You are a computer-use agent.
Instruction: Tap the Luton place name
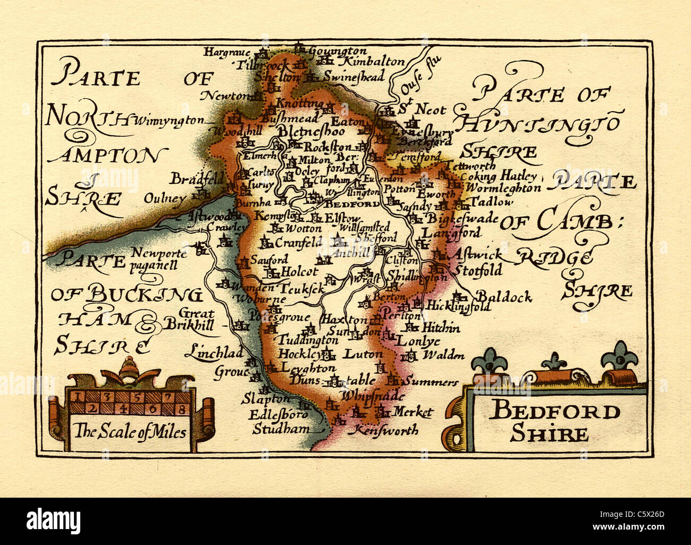coord(363,354)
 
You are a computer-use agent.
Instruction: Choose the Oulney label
coord(165,199)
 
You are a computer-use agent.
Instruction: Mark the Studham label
coord(274,429)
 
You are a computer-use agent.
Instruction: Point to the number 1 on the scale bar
coord(77,397)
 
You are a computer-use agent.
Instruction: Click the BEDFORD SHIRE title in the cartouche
coord(554,422)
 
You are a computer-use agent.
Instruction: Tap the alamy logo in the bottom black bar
coord(54,519)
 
